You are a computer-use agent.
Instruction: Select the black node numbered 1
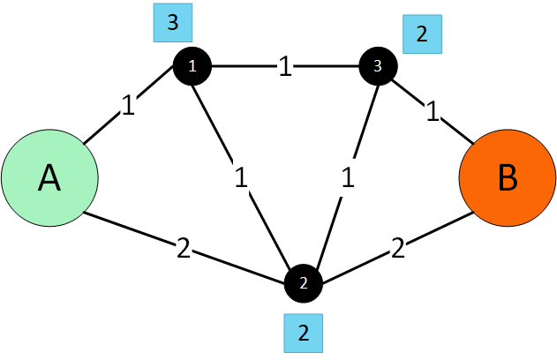(193, 65)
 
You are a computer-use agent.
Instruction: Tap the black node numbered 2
(304, 283)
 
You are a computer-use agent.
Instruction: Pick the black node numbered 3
(379, 65)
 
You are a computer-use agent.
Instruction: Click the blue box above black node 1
(173, 23)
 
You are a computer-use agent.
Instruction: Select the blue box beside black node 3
(421, 35)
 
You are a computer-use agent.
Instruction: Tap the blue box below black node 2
(304, 333)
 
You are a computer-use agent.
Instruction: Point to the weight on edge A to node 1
(129, 106)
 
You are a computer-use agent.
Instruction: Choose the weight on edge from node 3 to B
(432, 112)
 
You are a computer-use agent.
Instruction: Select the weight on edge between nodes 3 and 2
(348, 177)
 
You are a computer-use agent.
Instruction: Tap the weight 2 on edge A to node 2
(184, 249)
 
